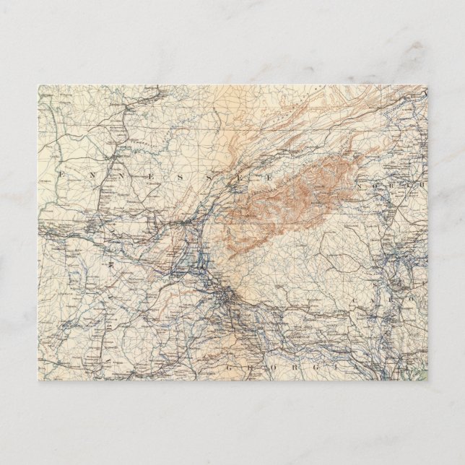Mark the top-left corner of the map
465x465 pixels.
38,86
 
